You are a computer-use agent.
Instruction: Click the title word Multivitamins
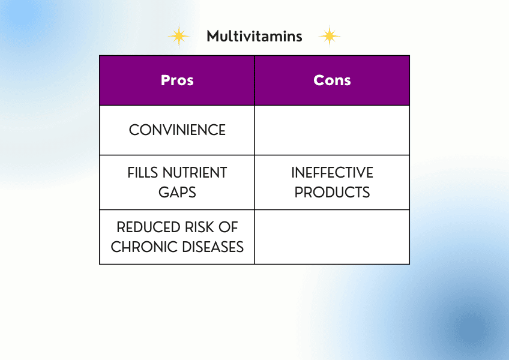pyautogui.click(x=254, y=36)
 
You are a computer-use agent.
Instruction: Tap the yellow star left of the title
pyautogui.click(x=179, y=36)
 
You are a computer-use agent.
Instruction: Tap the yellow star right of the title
pyautogui.click(x=330, y=36)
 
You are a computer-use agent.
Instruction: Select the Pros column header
pyautogui.click(x=177, y=80)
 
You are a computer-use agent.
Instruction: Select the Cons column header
pyautogui.click(x=332, y=80)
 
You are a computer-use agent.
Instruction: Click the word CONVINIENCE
pyautogui.click(x=177, y=130)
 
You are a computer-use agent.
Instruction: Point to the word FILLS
pyautogui.click(x=143, y=173)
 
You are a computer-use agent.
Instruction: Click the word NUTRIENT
pyautogui.click(x=194, y=173)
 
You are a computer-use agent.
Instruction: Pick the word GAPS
pyautogui.click(x=177, y=192)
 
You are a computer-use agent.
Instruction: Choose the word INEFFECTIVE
pyautogui.click(x=332, y=173)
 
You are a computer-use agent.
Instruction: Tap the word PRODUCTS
pyautogui.click(x=332, y=192)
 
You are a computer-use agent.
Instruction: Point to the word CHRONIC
pyautogui.click(x=144, y=247)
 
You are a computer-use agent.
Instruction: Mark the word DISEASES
pyautogui.click(x=213, y=247)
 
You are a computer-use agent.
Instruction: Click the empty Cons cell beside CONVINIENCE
pyautogui.click(x=332, y=130)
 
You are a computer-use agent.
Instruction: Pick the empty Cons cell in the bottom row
pyautogui.click(x=332, y=237)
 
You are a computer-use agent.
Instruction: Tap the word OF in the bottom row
pyautogui.click(x=228, y=227)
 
